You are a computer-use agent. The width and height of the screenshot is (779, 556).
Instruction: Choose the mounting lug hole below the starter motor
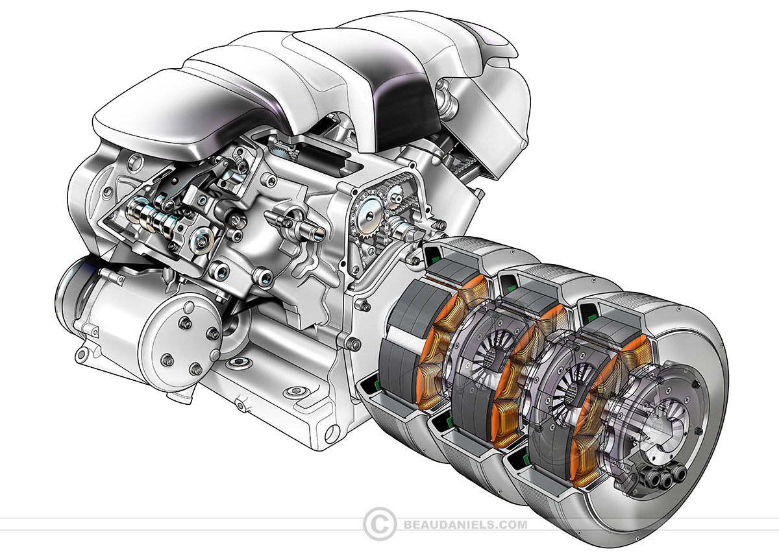pyautogui.click(x=83, y=353)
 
